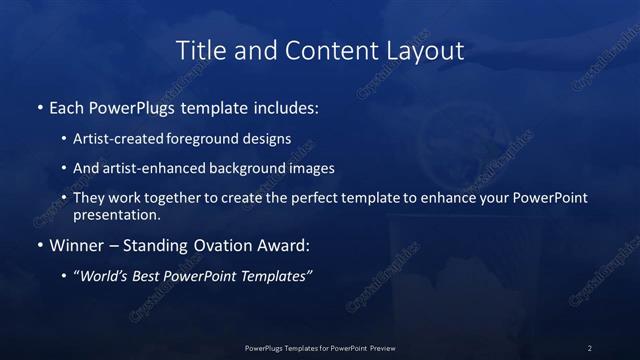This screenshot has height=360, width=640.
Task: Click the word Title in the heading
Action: pos(198,50)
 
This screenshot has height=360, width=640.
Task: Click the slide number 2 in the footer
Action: pos(590,347)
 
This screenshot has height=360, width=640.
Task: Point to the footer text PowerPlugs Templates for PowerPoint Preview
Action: pos(320,347)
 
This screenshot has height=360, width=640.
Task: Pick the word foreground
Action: pos(217,140)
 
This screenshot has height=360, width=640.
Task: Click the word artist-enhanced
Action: pos(152,169)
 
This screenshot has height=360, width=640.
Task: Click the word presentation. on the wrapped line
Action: pos(117,214)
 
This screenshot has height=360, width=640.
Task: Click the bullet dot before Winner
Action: pos(39,245)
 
